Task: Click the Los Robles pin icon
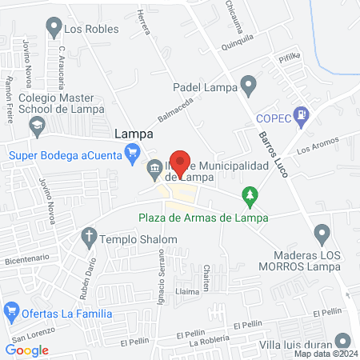tap(54, 29)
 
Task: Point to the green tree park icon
tap(251, 195)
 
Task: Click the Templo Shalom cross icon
tap(89, 236)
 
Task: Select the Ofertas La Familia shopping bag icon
tap(12, 310)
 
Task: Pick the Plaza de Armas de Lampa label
tap(202, 217)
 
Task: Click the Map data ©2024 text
tap(325, 353)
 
